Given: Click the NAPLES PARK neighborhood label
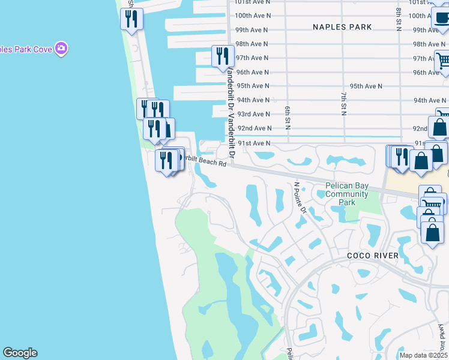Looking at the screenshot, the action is pyautogui.click(x=342, y=27).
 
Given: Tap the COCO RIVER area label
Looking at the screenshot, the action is pyautogui.click(x=372, y=256).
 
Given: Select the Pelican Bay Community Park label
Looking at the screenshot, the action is pyautogui.click(x=347, y=194).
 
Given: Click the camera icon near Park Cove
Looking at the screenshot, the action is pyautogui.click(x=61, y=48).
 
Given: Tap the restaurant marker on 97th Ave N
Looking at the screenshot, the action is pyautogui.click(x=223, y=56).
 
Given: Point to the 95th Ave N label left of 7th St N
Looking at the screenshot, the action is pyautogui.click(x=366, y=86).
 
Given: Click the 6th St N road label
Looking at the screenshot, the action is pyautogui.click(x=288, y=117).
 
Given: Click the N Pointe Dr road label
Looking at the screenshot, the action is pyautogui.click(x=300, y=198).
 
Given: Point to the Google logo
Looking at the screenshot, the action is pyautogui.click(x=20, y=353).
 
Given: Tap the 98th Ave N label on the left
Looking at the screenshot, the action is pyautogui.click(x=252, y=44).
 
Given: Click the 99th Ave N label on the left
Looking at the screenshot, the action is pyautogui.click(x=252, y=29).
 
